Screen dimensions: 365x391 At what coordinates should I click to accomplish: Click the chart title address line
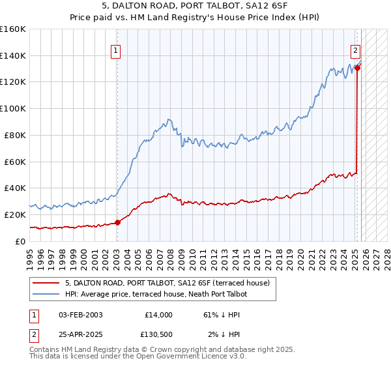click(x=195, y=7)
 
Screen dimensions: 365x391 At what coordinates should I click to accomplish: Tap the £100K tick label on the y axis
click(x=13, y=108)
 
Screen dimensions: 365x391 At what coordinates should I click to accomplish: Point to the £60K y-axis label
click(x=14, y=161)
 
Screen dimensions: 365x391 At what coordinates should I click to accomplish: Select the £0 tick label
click(x=20, y=241)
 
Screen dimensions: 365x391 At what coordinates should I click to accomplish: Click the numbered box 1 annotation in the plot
click(x=115, y=50)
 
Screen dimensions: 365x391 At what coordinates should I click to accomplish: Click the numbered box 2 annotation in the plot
click(x=355, y=50)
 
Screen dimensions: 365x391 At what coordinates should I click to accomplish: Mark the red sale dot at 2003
click(x=118, y=222)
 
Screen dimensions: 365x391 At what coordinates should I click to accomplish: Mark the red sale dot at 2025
click(x=357, y=67)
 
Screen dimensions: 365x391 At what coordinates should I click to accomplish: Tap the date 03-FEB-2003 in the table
click(x=80, y=315)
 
